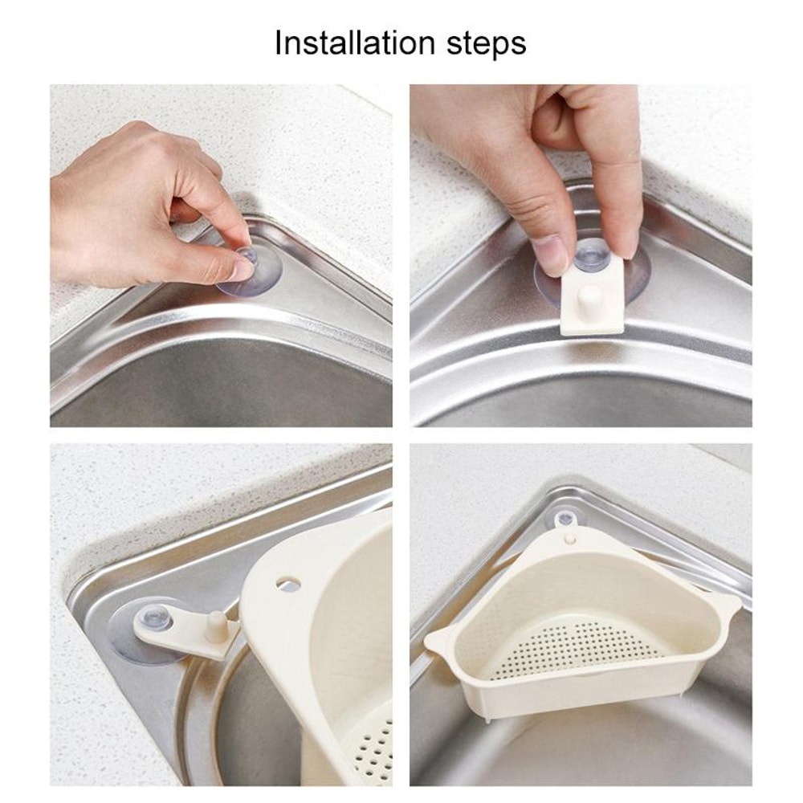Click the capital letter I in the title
(x=279, y=43)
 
